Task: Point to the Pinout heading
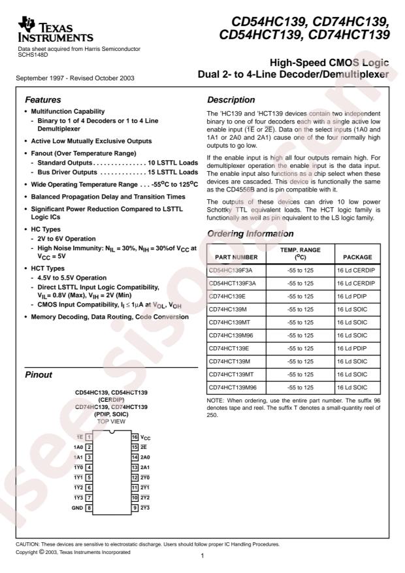click(39, 376)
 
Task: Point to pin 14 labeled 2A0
click(142, 457)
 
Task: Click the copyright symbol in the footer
click(43, 552)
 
